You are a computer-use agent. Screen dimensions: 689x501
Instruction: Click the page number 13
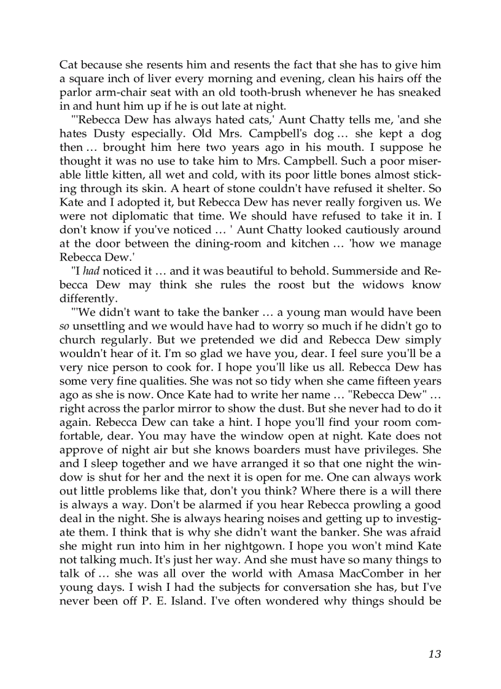[434, 654]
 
